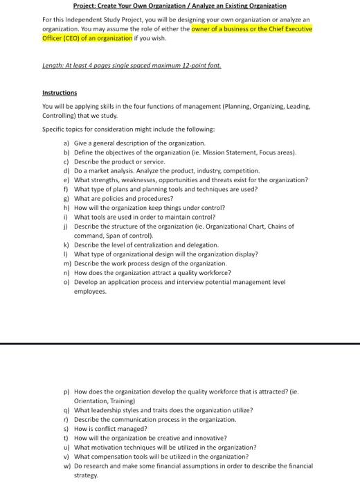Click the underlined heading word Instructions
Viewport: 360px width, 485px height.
60,92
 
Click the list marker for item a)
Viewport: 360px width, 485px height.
66,142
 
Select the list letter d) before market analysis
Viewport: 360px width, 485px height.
66,170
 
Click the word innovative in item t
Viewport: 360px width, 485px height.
208,438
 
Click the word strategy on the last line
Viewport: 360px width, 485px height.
86,475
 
